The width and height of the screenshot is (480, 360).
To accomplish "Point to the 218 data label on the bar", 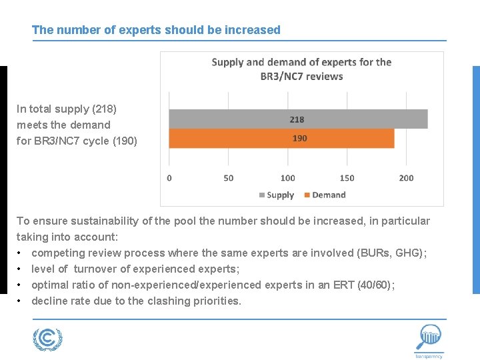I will pyautogui.click(x=297, y=119).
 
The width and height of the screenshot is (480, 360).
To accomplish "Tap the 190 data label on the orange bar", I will pyautogui.click(x=299, y=138).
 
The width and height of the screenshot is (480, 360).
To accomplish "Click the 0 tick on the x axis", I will pyautogui.click(x=169, y=178).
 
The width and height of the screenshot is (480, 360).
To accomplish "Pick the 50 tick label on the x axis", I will pyautogui.click(x=229, y=178).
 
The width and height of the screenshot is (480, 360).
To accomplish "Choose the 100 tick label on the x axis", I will pyautogui.click(x=288, y=178).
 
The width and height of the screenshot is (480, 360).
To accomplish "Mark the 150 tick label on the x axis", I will pyautogui.click(x=347, y=178).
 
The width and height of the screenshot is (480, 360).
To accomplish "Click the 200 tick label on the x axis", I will pyautogui.click(x=406, y=178).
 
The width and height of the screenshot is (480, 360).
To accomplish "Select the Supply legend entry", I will pyautogui.click(x=276, y=195).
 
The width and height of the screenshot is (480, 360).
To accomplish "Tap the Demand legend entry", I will pyautogui.click(x=325, y=195).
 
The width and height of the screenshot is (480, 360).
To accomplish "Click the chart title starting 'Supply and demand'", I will pyautogui.click(x=301, y=69).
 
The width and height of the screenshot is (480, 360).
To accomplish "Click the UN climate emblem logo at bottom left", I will pyautogui.click(x=47, y=339).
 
